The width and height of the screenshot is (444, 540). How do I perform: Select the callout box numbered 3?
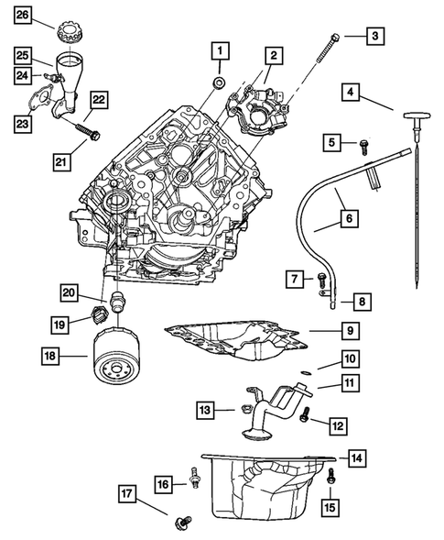(374, 36)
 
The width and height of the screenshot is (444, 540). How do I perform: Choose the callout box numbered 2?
(271, 56)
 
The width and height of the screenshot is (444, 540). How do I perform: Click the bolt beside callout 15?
(330, 475)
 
